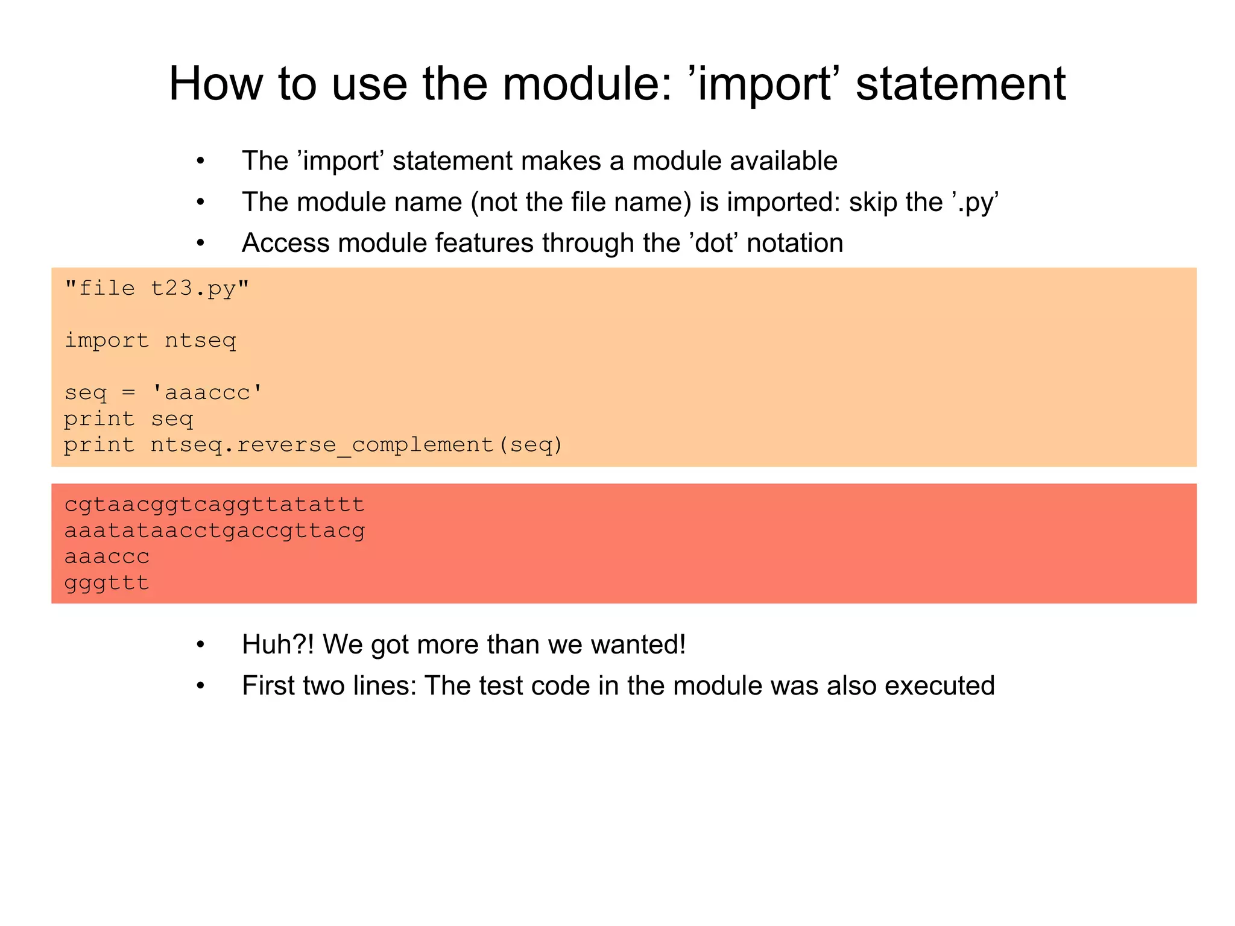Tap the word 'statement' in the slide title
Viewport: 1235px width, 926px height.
click(x=961, y=84)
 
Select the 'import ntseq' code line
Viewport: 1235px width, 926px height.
click(x=150, y=341)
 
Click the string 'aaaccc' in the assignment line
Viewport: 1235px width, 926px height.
click(x=207, y=392)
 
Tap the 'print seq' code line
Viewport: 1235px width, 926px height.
click(x=128, y=418)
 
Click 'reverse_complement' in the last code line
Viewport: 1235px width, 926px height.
click(x=365, y=445)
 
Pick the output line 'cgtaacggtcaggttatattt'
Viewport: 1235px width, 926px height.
click(x=214, y=504)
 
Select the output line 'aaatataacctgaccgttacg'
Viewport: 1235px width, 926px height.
click(x=214, y=531)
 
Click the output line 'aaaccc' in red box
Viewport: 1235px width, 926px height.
click(x=107, y=556)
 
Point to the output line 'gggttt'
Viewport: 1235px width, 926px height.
click(x=107, y=583)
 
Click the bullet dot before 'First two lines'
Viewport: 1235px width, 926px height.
click(x=201, y=686)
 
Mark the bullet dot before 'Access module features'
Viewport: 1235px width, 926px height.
click(x=201, y=244)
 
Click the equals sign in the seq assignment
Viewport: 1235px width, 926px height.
click(x=128, y=393)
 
